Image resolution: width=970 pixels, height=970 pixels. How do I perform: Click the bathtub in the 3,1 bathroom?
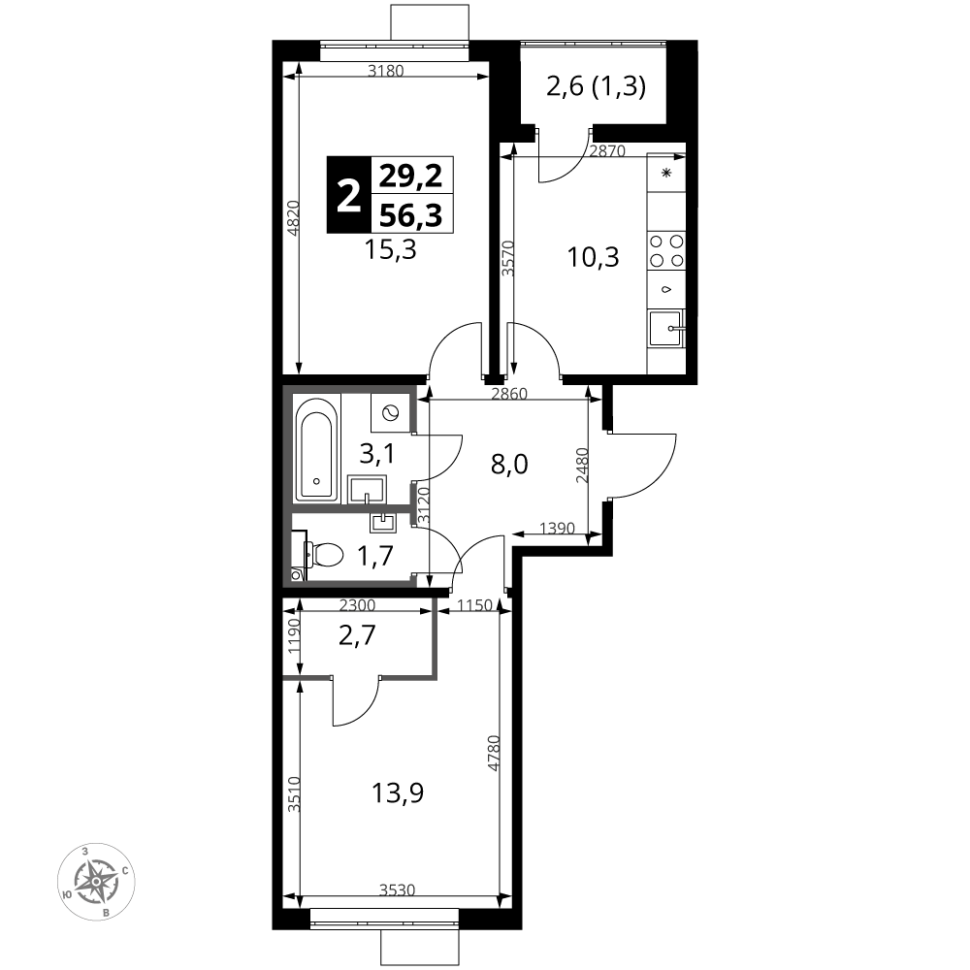pos(317,448)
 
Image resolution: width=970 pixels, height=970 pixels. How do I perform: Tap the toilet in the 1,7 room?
pos(324,554)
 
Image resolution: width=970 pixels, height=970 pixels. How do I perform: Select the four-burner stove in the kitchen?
pos(666,251)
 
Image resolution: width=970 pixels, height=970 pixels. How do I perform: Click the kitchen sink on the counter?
pos(665,328)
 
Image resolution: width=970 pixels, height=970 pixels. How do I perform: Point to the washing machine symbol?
pos(390,412)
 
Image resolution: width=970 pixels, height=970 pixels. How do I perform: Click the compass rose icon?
pos(96,881)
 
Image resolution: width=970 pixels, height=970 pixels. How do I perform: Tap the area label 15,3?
pos(390,250)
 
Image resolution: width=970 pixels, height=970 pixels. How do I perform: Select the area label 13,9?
pos(397,792)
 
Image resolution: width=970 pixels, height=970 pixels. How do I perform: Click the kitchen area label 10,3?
pos(593,257)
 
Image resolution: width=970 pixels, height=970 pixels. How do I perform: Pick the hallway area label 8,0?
pos(509,464)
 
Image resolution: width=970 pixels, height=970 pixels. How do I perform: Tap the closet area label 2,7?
pos(358,635)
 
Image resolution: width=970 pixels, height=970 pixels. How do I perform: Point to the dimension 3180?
pos(385,71)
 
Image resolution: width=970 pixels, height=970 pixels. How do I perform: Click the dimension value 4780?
pos(493,753)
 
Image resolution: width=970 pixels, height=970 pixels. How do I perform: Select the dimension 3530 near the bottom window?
pos(397,890)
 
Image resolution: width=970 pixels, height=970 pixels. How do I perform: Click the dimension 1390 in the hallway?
pos(558,529)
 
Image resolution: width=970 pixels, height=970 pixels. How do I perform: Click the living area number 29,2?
pos(410,177)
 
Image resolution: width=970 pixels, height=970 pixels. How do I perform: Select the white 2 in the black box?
pos(348,195)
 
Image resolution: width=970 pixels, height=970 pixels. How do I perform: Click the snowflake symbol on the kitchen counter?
pos(666,173)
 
